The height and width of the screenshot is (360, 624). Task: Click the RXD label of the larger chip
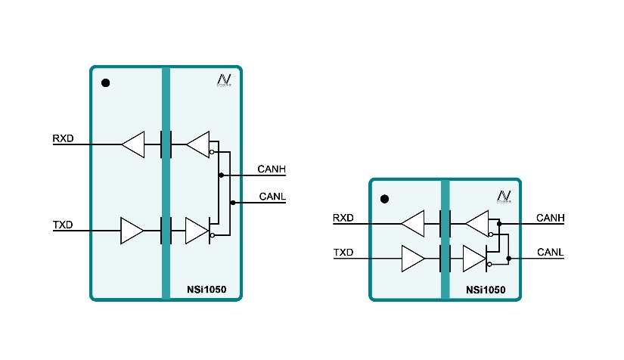pos(63,138)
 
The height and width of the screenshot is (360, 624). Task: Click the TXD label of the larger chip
pos(63,225)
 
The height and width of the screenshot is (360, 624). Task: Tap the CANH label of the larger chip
pos(272,169)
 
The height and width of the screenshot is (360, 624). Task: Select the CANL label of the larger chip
pos(272,197)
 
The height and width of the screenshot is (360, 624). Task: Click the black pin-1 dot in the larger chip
pos(106,82)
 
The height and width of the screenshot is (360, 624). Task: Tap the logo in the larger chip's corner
pos(224,80)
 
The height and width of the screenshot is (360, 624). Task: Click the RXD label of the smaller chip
pos(343,219)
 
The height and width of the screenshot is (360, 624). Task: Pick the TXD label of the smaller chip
pos(343,253)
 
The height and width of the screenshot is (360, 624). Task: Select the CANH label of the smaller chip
pos(551,218)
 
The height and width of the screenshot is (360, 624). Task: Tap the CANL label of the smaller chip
pos(551,252)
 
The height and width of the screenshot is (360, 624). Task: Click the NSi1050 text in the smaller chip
pos(486,289)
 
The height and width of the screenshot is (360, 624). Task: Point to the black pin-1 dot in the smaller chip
pos(384,199)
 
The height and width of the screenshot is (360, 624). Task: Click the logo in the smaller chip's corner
pos(503,197)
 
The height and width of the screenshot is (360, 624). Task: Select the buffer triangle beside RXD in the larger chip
pos(133,144)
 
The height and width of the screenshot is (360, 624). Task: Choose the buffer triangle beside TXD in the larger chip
pos(132,231)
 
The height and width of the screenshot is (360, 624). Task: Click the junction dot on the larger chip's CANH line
pos(221,175)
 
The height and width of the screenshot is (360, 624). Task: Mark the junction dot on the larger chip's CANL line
pos(233,203)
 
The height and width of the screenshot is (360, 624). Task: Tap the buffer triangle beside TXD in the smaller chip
pos(413,259)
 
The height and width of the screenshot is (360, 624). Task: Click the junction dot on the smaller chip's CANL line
pos(508,259)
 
